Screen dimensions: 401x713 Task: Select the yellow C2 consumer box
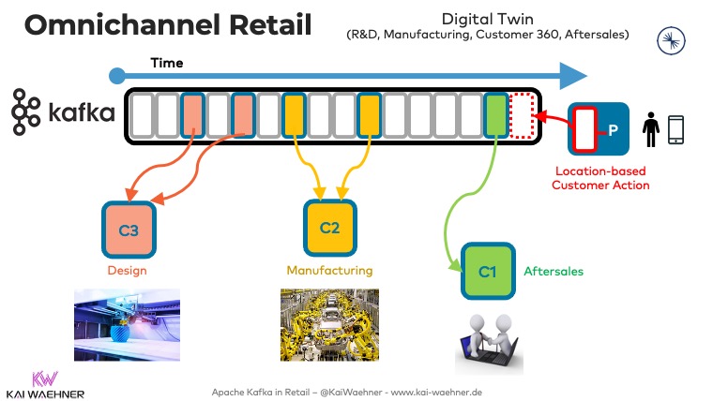(329, 228)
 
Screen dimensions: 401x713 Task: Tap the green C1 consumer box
(487, 271)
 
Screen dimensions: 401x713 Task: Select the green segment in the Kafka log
(494, 116)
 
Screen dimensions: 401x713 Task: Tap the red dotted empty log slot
(521, 116)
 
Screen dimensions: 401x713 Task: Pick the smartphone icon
(676, 128)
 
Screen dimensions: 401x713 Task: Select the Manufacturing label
(329, 271)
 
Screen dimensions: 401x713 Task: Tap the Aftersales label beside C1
(553, 271)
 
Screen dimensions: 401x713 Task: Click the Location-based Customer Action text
(601, 178)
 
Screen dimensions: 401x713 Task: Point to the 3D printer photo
(127, 324)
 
